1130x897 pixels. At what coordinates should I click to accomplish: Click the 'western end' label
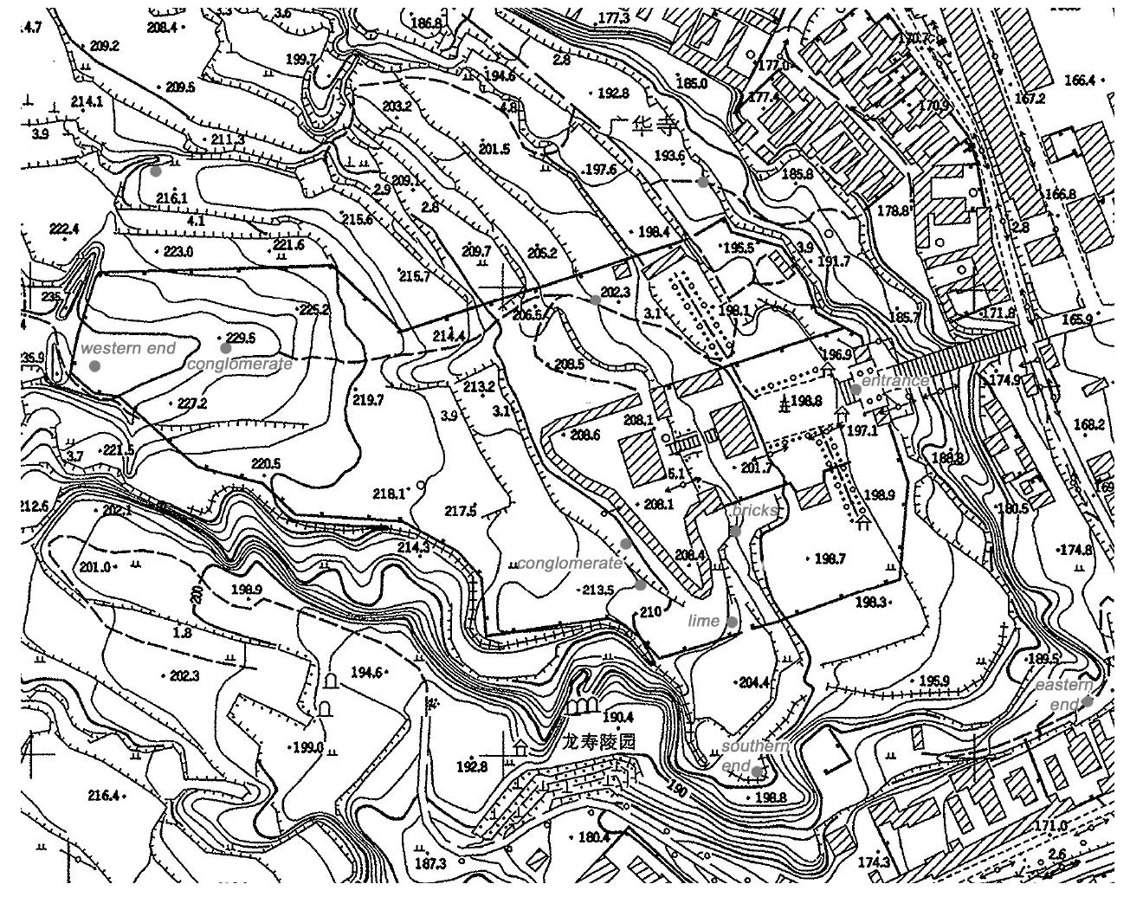(x=127, y=348)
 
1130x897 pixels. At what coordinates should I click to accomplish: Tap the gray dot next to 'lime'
(x=733, y=622)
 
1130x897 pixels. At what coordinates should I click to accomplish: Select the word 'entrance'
(x=895, y=381)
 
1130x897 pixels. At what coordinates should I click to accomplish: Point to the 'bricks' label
(x=754, y=511)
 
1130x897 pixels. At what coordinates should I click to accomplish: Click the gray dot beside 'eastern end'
(x=1087, y=702)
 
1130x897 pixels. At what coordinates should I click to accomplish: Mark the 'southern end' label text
(x=753, y=756)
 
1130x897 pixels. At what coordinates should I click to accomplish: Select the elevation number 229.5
(x=240, y=338)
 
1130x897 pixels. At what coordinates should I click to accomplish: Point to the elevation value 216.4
(x=104, y=795)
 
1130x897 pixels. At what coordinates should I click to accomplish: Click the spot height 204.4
(x=753, y=682)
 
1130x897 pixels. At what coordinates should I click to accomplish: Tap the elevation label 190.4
(x=618, y=717)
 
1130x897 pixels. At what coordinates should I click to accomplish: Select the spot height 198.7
(x=830, y=558)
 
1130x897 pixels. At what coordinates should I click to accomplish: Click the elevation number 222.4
(x=64, y=229)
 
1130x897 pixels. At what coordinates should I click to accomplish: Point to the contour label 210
(x=650, y=611)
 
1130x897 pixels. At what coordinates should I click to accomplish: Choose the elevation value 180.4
(x=593, y=837)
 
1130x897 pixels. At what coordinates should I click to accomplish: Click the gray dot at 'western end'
(x=94, y=365)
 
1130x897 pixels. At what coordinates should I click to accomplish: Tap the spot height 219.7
(x=368, y=400)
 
